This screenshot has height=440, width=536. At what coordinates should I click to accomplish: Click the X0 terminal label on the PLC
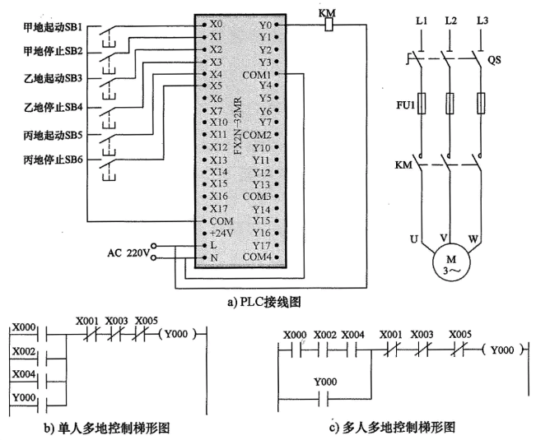click(217, 25)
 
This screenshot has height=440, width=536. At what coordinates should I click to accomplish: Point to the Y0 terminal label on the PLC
click(263, 25)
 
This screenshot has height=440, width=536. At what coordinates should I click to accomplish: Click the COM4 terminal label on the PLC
click(255, 257)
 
